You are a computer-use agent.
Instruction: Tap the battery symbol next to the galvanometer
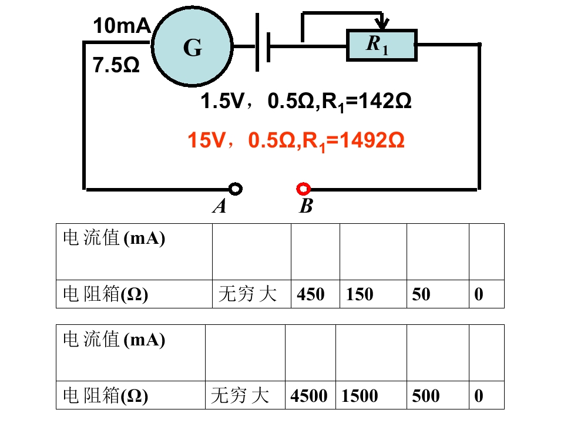pos(263,43)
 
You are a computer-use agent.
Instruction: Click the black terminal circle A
pos(236,189)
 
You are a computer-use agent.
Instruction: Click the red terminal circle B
pos(303,189)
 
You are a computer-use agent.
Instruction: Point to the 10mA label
pos(122,25)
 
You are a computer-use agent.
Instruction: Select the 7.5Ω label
pos(116,65)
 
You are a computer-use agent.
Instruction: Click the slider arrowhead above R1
pos(382,23)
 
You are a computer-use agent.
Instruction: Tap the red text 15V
pos(206,140)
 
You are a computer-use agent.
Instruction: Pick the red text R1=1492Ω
pos(354,140)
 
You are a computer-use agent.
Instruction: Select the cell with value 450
pos(315,294)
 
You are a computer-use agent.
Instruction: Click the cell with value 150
pos(374,294)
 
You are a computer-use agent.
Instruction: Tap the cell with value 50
pos(438,294)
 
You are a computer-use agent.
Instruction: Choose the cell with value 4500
pos(310,395)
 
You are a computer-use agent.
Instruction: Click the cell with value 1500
pos(371,395)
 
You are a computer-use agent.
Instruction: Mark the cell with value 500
pos(438,395)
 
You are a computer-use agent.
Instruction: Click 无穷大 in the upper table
pos(247,294)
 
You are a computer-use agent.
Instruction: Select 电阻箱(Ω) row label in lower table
pos(105,395)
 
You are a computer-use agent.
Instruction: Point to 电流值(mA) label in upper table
pos(114,238)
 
